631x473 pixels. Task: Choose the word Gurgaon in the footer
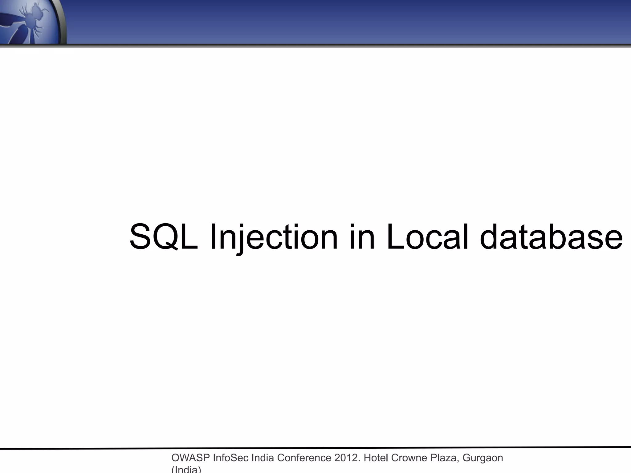pyautogui.click(x=483, y=458)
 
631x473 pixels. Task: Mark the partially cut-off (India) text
pyautogui.click(x=186, y=469)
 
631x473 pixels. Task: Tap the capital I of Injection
pyautogui.click(x=212, y=236)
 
